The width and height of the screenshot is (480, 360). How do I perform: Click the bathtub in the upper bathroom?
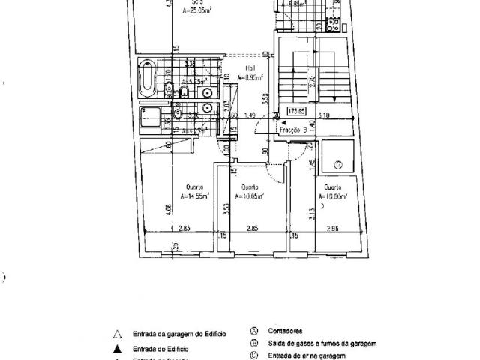pos(147,77)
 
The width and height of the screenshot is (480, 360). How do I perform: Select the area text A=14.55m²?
pos(195,196)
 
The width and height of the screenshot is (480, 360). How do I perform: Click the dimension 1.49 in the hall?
pos(251,115)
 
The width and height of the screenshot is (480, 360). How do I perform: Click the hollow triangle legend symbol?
pos(116,335)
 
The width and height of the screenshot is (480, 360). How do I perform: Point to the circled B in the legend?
pos(255,343)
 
